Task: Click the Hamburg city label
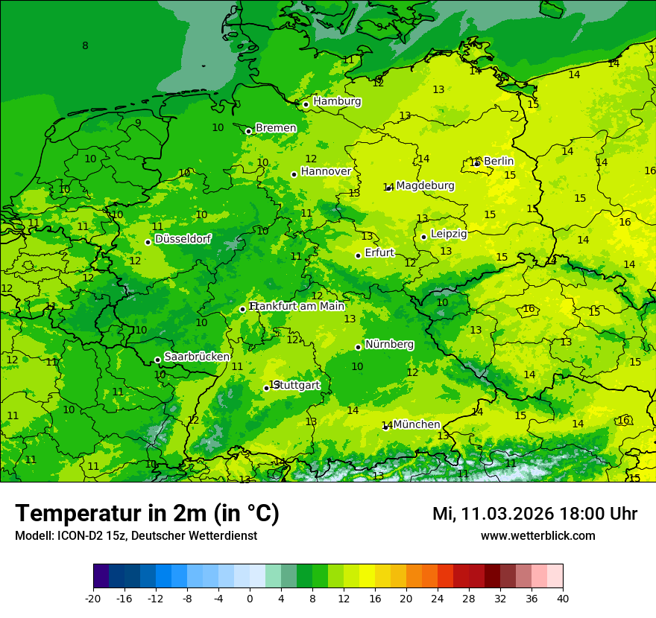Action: pyautogui.click(x=337, y=101)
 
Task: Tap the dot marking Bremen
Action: pyautogui.click(x=248, y=131)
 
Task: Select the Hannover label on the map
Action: pyautogui.click(x=326, y=171)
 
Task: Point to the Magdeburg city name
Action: pyautogui.click(x=425, y=185)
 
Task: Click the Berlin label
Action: pyautogui.click(x=499, y=161)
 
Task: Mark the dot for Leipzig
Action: pyautogui.click(x=423, y=237)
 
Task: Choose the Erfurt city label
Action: pyautogui.click(x=379, y=252)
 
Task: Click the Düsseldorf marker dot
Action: pyautogui.click(x=148, y=242)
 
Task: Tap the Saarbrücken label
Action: pyautogui.click(x=197, y=357)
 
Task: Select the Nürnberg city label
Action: pyautogui.click(x=389, y=344)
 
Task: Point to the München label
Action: pyautogui.click(x=417, y=424)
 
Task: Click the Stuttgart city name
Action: pyautogui.click(x=297, y=385)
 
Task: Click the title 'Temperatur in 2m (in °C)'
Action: pyautogui.click(x=147, y=513)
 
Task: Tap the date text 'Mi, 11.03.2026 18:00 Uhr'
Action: pyautogui.click(x=534, y=514)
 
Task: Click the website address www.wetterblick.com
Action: pyautogui.click(x=537, y=536)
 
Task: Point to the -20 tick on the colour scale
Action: pyautogui.click(x=93, y=598)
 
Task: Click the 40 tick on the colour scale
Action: pyautogui.click(x=563, y=598)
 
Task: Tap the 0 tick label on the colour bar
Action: pyautogui.click(x=250, y=598)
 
